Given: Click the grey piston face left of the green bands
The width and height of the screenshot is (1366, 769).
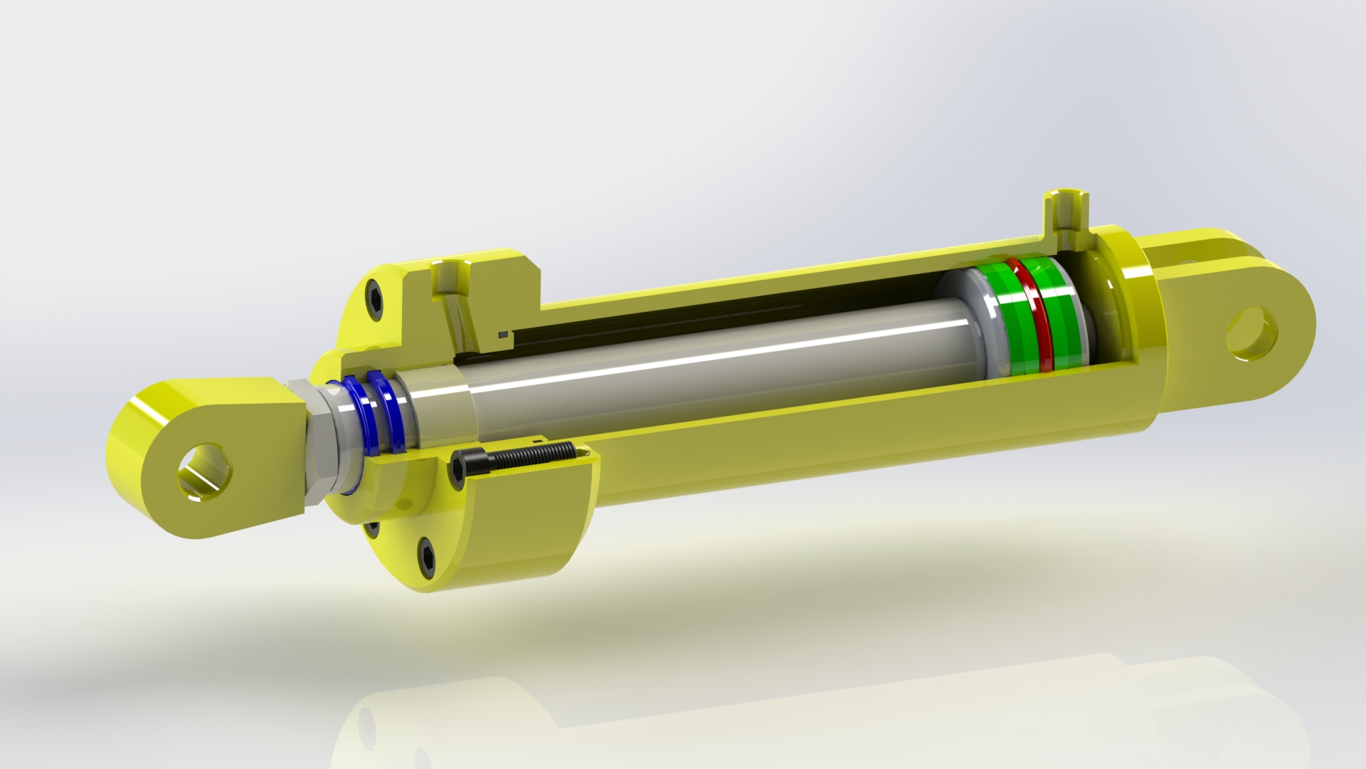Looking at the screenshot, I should (x=968, y=328).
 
